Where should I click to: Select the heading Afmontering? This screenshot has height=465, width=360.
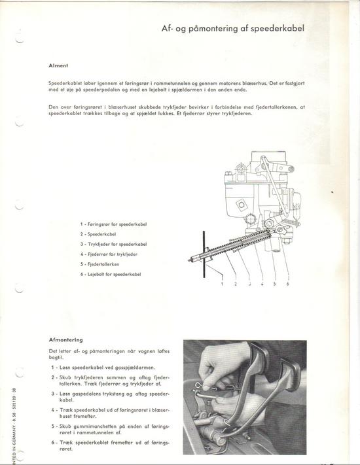click(x=65, y=340)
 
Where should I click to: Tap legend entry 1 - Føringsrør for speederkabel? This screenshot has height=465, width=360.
click(x=113, y=224)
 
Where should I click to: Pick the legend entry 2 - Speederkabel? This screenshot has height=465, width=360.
click(x=98, y=234)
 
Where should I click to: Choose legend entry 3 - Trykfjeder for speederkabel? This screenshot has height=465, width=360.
click(x=113, y=244)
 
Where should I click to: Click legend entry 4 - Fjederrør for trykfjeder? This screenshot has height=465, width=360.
click(x=109, y=254)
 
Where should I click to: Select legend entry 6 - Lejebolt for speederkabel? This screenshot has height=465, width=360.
click(x=111, y=274)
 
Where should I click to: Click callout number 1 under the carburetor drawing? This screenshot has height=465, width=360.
click(x=223, y=284)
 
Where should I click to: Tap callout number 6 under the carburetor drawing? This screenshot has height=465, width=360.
click(x=287, y=284)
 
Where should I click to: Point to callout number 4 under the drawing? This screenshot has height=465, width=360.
click(x=262, y=284)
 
